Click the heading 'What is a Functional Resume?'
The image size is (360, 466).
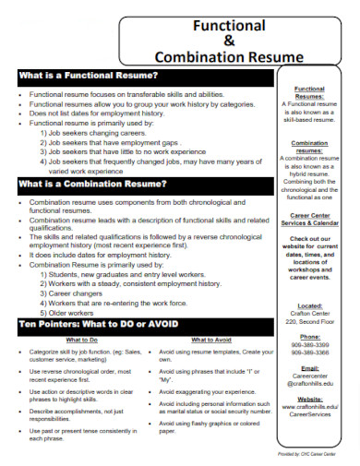coord(88,75)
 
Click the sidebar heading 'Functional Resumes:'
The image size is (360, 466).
coord(309,91)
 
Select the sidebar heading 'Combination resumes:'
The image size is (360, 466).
coord(310,147)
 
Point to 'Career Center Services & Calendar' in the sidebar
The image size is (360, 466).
coord(310,222)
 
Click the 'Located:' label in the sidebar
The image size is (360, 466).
coord(310,304)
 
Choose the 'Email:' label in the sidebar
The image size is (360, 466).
coord(310,369)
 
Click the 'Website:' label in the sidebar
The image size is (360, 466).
coord(310,400)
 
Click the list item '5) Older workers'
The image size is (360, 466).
coord(69,313)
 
